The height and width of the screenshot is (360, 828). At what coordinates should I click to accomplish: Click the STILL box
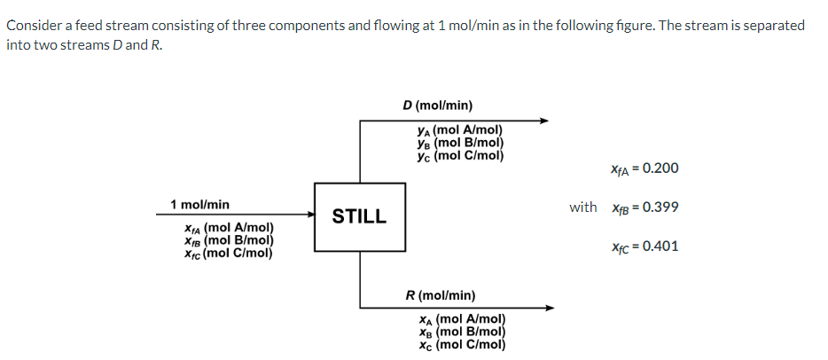359,215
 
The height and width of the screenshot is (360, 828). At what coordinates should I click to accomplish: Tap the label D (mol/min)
437,106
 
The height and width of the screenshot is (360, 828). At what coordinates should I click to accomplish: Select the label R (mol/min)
440,294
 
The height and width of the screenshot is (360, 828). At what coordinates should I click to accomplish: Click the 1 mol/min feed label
199,205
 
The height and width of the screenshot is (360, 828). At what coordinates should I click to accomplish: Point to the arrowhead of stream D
544,121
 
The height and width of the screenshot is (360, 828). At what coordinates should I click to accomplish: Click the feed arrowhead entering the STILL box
310,214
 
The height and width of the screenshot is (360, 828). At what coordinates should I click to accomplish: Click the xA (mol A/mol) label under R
461,319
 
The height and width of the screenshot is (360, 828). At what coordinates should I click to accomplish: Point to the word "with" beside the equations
583,207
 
